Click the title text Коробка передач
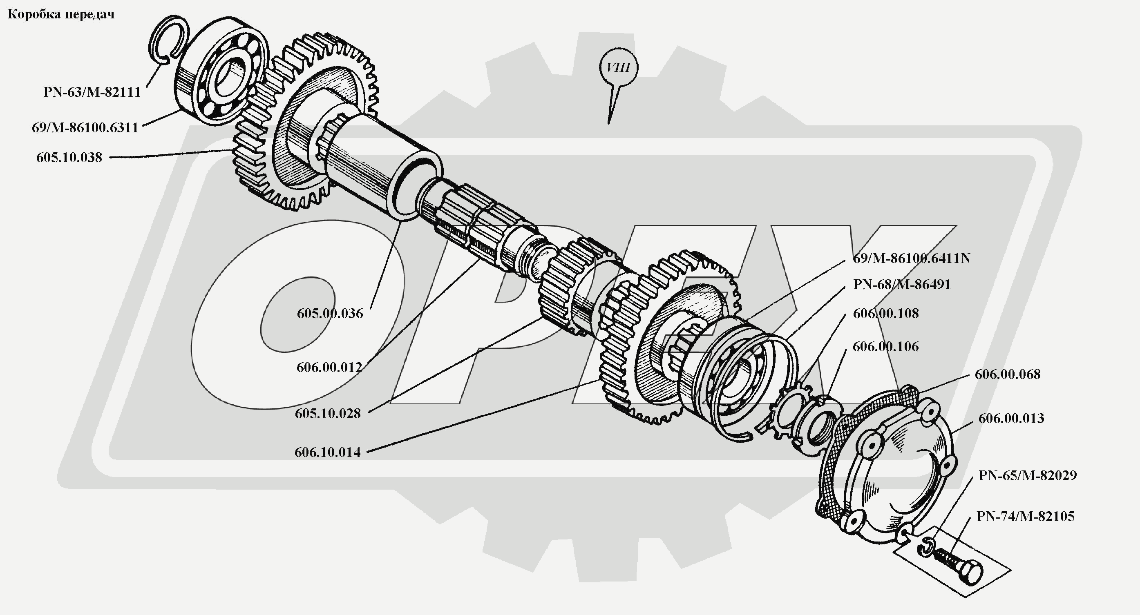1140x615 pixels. tap(61, 15)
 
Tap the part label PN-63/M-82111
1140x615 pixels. tap(92, 92)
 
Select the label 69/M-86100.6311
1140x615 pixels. tap(85, 128)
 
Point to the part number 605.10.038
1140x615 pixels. tap(69, 158)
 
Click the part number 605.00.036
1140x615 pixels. tap(330, 314)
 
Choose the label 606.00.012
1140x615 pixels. tap(329, 367)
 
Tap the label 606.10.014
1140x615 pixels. tap(327, 452)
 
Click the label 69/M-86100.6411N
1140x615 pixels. tap(911, 258)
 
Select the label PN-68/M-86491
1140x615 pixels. tap(901, 284)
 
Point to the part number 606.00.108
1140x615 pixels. tap(885, 313)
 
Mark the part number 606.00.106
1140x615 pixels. tap(885, 346)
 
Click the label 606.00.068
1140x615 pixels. tap(1007, 374)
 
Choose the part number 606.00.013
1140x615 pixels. tap(1011, 418)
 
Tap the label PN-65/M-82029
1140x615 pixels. tap(1027, 475)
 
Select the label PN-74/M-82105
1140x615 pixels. tap(1025, 516)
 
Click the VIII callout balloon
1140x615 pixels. tap(618, 68)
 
